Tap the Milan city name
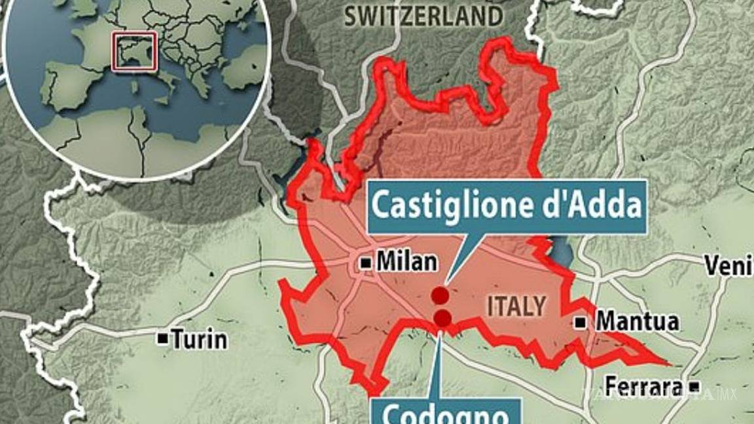coord(406,262)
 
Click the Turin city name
coord(199,339)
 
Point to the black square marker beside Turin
coord(161,338)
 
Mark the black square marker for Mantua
coord(581,321)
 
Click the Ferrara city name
coord(643,386)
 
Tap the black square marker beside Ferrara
coord(694,386)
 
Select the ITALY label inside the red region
coord(516,306)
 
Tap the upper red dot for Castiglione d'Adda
coord(440,295)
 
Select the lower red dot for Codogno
coord(442,319)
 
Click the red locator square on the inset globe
coord(134,50)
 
